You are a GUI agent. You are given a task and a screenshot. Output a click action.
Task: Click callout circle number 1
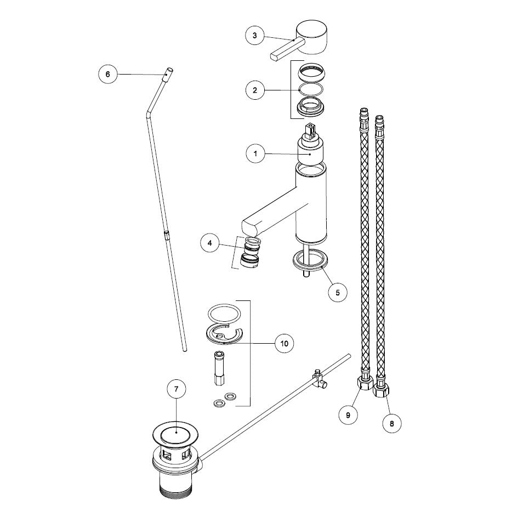click(x=255, y=154)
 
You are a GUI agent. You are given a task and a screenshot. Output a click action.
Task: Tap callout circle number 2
click(x=255, y=90)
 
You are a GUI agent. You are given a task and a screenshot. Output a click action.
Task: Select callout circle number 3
click(x=255, y=36)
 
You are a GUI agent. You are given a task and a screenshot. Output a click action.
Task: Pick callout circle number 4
click(x=210, y=243)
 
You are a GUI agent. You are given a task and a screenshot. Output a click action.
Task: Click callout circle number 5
click(x=338, y=293)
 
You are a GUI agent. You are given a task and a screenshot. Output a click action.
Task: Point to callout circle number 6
click(x=107, y=74)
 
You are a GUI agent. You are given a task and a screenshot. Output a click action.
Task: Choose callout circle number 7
click(x=176, y=389)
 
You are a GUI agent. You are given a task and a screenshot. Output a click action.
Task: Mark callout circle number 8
click(x=392, y=423)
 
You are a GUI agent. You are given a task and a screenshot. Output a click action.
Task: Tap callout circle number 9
click(x=348, y=414)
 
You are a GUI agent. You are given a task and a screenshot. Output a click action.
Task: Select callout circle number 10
click(x=285, y=344)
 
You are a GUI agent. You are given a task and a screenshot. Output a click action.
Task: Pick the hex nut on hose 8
click(x=380, y=392)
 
